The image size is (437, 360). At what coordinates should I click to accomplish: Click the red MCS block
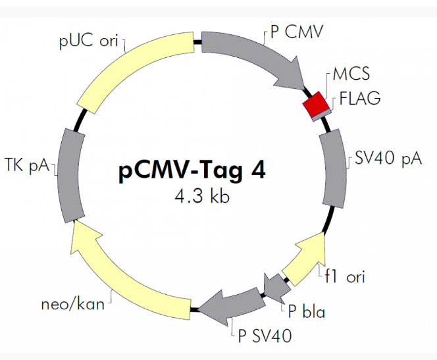click(315, 105)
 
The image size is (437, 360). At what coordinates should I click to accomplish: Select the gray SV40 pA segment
click(334, 168)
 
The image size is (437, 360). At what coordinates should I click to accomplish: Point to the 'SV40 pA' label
click(384, 160)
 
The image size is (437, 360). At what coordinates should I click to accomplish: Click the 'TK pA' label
click(28, 165)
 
